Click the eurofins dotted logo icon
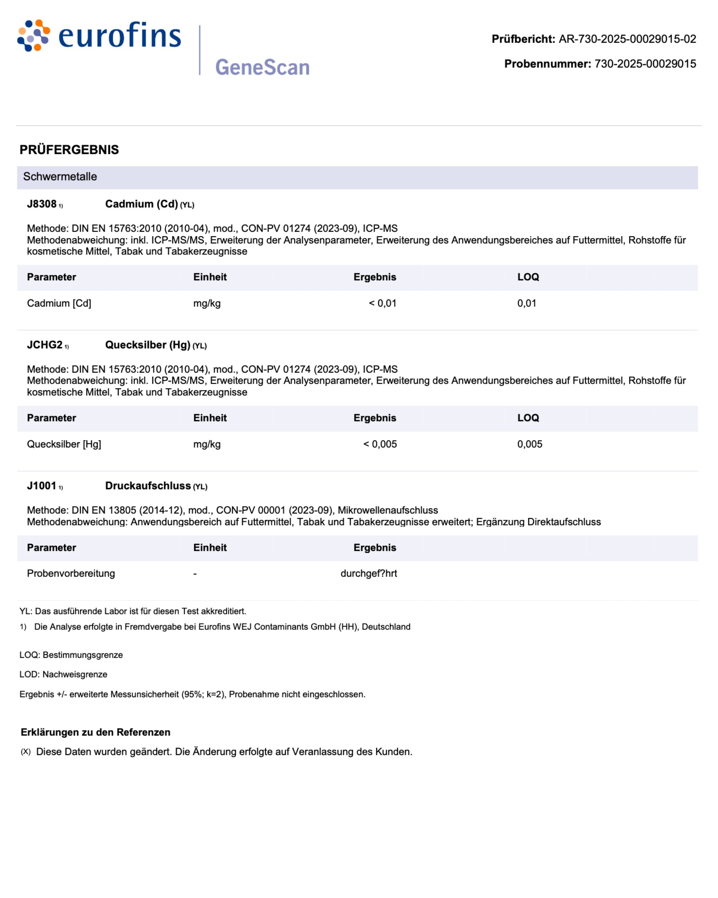(x=33, y=35)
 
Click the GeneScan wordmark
(x=262, y=67)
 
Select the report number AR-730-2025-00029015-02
(x=627, y=39)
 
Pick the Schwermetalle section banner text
(x=60, y=177)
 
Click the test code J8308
(x=41, y=204)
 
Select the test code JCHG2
(x=45, y=345)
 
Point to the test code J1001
(x=41, y=486)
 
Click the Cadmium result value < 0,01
(x=383, y=303)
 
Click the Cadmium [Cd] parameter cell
(x=59, y=303)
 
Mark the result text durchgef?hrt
(x=369, y=574)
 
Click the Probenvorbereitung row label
(x=71, y=574)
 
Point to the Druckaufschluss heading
(x=148, y=486)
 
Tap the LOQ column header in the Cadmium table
(x=528, y=277)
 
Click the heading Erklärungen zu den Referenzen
(x=95, y=732)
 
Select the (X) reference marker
(x=26, y=751)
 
